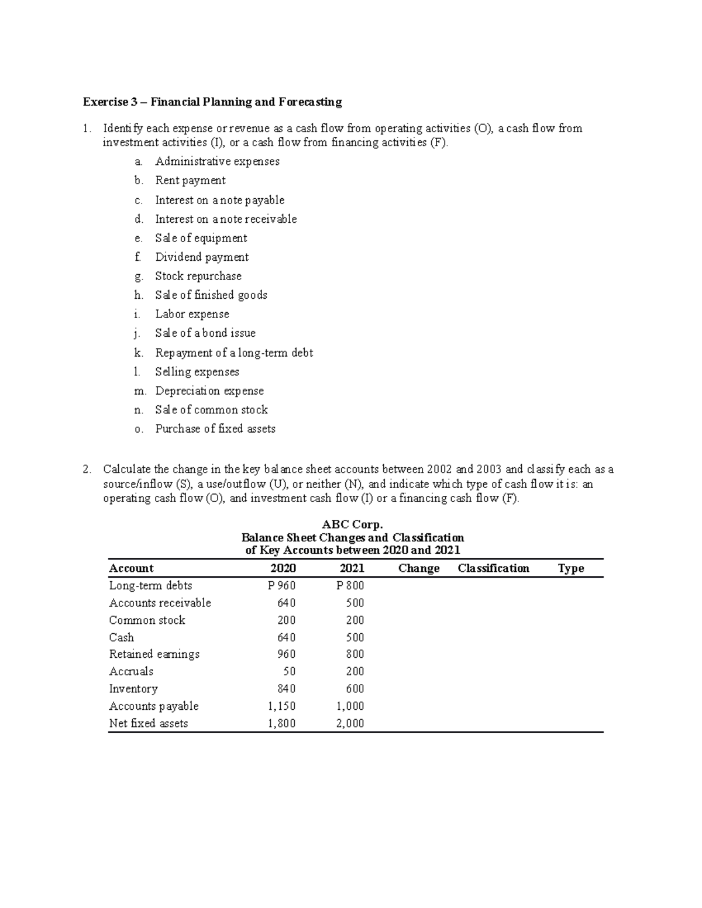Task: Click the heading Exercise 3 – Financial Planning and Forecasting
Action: pos(212,102)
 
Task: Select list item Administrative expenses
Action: pos(217,161)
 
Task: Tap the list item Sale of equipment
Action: pos(201,238)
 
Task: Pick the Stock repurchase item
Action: pos(198,276)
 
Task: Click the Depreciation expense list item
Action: pos(209,391)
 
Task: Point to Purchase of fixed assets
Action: pos(215,429)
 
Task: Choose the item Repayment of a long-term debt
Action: pos(234,353)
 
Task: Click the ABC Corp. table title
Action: pos(352,524)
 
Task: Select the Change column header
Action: pos(418,568)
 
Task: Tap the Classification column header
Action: pos(493,568)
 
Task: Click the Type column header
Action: pos(571,568)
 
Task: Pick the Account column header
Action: pos(131,568)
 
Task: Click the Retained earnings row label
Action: pos(154,654)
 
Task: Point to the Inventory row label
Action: pos(133,689)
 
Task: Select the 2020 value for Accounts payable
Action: pos(281,706)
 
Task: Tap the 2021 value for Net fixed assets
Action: pos(350,723)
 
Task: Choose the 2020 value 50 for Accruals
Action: pos(289,672)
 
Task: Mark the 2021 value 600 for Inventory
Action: pos(355,689)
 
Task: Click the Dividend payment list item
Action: pos(202,257)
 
